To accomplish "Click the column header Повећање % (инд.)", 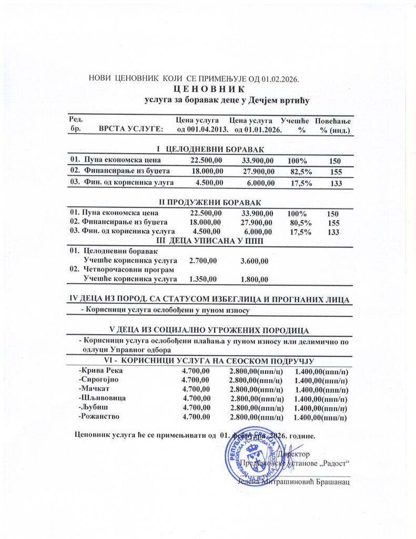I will pos(332,125).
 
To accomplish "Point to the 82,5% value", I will pos(301,171).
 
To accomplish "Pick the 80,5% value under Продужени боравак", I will pos(301,223).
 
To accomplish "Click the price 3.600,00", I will pos(254,261).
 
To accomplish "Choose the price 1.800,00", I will pos(254,279).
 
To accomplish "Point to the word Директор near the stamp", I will pos(296,453).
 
